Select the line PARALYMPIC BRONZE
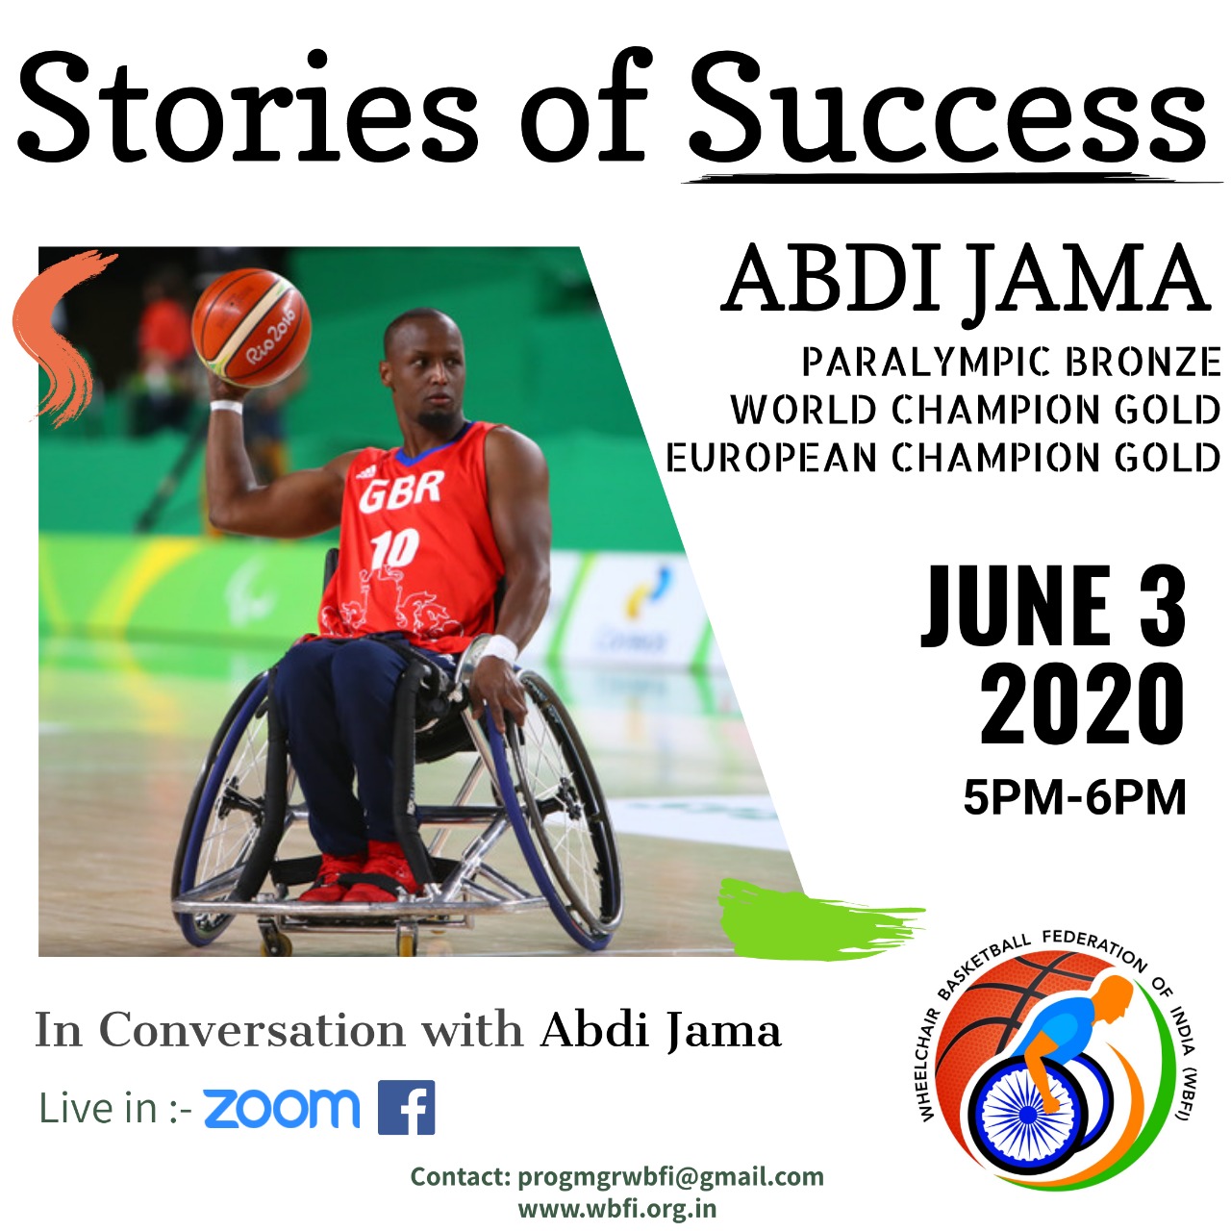click(1011, 363)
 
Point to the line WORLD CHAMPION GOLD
click(975, 410)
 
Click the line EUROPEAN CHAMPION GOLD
click(943, 458)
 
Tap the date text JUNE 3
click(1054, 606)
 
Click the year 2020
click(1081, 705)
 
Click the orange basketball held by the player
click(251, 328)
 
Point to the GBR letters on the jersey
click(401, 490)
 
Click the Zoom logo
click(281, 1108)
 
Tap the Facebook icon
click(406, 1108)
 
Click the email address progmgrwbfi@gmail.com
click(670, 1176)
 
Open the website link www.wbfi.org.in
click(616, 1208)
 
